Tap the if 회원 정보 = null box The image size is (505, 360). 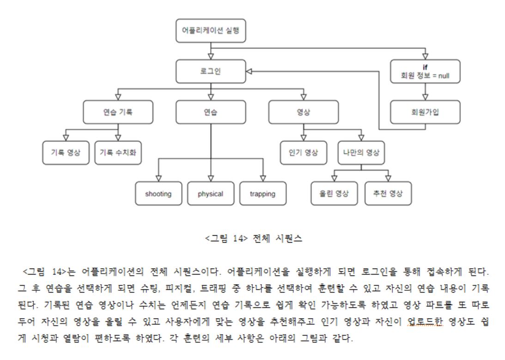(425, 72)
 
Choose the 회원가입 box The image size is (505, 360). (425, 112)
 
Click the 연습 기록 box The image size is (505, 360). (118, 112)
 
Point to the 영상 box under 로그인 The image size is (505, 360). (303, 112)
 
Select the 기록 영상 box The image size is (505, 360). (66, 153)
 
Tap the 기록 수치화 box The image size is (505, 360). (118, 153)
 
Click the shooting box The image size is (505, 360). (158, 194)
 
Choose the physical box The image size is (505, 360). (210, 194)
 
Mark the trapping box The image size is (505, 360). (262, 194)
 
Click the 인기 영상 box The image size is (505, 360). (304, 153)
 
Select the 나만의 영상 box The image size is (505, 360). (361, 153)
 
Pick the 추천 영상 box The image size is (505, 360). (388, 194)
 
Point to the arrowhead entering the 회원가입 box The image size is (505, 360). (425, 98)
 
